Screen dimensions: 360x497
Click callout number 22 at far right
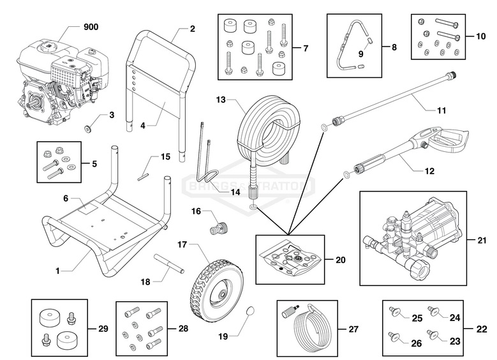[482, 329]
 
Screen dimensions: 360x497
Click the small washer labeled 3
[89, 126]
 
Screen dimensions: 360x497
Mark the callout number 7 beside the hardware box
[306, 48]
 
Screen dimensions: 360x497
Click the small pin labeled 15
[146, 171]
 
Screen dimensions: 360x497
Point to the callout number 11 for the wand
[441, 110]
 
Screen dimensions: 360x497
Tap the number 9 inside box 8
[360, 54]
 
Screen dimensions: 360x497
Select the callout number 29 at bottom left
[103, 329]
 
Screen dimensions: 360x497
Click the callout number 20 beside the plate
[341, 260]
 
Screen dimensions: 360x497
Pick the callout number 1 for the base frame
[57, 271]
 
